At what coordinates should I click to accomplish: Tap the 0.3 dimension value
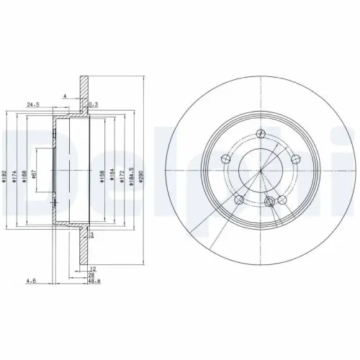pyautogui.click(x=92, y=104)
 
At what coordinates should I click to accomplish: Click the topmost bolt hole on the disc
pyautogui.click(x=261, y=133)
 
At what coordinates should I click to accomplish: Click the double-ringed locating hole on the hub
pyautogui.click(x=271, y=202)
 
